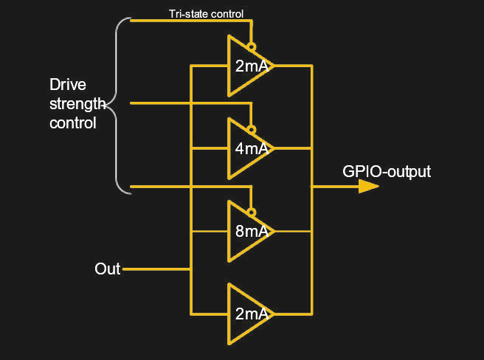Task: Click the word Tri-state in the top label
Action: pyautogui.click(x=186, y=13)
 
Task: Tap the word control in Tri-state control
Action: pyautogui.click(x=225, y=13)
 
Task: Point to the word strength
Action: pyautogui.click(x=76, y=103)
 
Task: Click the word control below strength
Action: pyautogui.click(x=72, y=123)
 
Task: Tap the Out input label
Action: pyautogui.click(x=107, y=269)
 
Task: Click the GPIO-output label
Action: pyautogui.click(x=386, y=172)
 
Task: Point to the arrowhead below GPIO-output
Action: pyautogui.click(x=368, y=186)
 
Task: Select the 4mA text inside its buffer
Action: pyautogui.click(x=252, y=148)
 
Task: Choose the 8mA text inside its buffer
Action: pyautogui.click(x=252, y=232)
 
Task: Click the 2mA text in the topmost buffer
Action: pyautogui.click(x=252, y=66)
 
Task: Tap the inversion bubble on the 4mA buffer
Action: pyautogui.click(x=252, y=129)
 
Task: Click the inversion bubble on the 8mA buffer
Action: pyautogui.click(x=252, y=212)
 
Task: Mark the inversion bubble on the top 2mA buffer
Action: pyautogui.click(x=252, y=46)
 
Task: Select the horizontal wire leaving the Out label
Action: pyautogui.click(x=155, y=269)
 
